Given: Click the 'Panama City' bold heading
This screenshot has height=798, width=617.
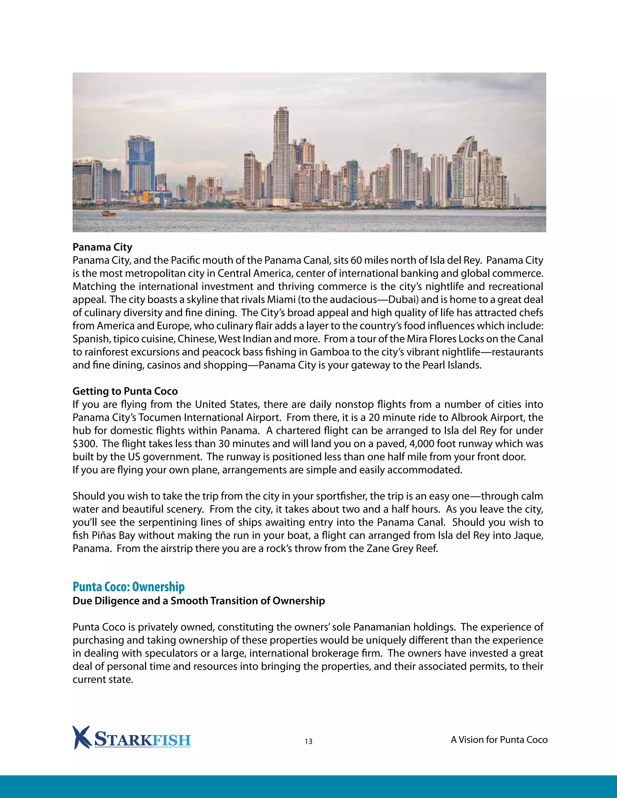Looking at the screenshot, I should click(x=102, y=247).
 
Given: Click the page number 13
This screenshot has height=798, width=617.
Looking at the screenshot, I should click(x=308, y=741).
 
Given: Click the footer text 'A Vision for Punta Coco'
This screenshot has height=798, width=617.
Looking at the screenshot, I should click(x=499, y=740).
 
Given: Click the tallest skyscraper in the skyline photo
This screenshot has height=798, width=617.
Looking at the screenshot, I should click(x=281, y=154).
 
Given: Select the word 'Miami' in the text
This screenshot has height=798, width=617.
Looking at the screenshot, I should click(x=281, y=300).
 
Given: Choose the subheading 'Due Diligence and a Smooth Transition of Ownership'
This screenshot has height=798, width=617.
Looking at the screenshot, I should click(x=199, y=601).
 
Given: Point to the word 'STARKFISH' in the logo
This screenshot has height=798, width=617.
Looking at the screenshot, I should click(x=143, y=740).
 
